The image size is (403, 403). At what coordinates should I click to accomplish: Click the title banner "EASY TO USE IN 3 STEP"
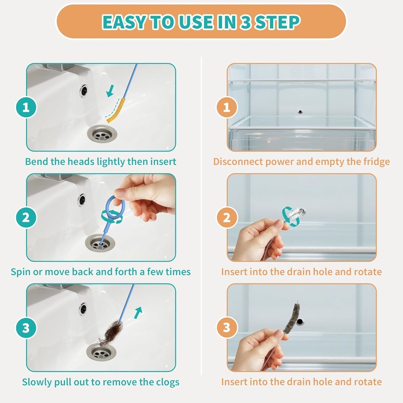click(201, 22)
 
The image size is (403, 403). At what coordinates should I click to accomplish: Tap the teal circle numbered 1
click(26, 107)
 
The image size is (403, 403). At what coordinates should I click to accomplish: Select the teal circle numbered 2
click(26, 218)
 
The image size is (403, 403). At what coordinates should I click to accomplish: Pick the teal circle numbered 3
click(26, 328)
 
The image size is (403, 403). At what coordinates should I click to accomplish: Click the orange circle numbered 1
click(227, 107)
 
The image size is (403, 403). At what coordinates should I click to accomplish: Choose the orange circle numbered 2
click(227, 218)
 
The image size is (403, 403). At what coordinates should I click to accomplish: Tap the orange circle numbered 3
click(227, 328)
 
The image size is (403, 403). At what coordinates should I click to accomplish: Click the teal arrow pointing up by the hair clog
click(138, 312)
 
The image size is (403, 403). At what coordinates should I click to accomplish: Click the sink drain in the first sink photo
click(102, 134)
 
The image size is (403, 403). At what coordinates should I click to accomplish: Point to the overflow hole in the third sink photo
click(83, 309)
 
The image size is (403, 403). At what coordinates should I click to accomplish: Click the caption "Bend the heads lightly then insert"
click(101, 162)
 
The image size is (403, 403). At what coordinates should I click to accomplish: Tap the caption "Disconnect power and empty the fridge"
click(301, 162)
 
